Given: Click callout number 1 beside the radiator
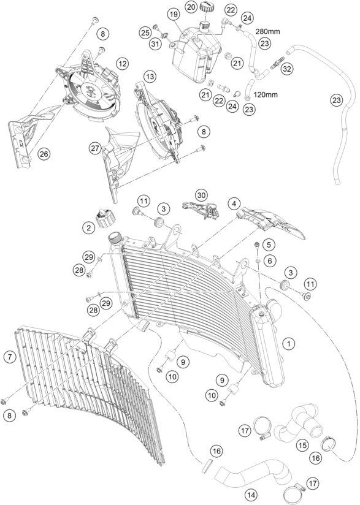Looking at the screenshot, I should [288, 344].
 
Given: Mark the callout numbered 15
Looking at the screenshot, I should [302, 445].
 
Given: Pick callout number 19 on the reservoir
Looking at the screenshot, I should [174, 13].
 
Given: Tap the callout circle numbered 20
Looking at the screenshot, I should [191, 6].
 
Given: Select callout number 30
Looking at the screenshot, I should [202, 194].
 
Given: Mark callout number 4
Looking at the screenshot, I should [234, 202].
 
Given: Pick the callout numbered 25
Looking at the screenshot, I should [145, 32].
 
